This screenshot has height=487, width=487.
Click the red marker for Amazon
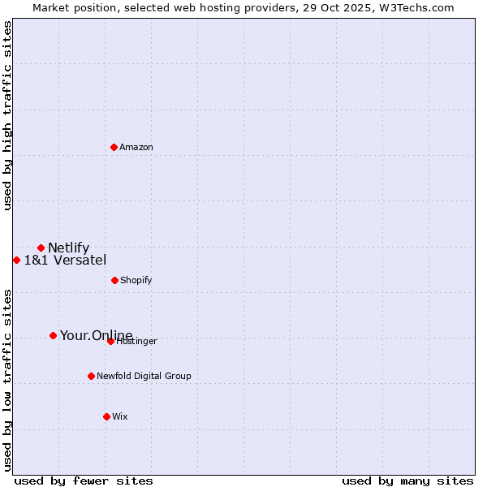coord(114,147)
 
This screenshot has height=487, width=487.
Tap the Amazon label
coord(136,147)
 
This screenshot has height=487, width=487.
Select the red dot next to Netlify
coord(41,248)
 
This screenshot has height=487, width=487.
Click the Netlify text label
coord(68,248)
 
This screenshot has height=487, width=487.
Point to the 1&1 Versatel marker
coord(16,260)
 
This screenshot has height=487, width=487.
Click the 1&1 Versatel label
coord(65,260)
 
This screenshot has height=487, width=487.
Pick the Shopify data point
coord(114,280)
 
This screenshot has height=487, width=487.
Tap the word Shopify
coord(136,280)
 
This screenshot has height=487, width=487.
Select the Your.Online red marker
coord(53,335)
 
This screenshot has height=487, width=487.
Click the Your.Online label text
coord(96,335)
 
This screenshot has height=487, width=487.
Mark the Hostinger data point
coord(110,341)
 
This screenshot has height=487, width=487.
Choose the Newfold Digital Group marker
coord(91,376)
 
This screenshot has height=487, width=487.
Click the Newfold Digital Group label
coord(144,376)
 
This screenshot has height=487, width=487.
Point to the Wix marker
coord(106,416)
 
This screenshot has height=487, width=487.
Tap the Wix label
coord(120,416)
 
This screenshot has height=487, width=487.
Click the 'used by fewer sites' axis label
coord(84,481)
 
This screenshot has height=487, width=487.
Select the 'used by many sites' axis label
coord(407,481)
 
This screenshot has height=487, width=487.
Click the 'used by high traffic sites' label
coord(7,115)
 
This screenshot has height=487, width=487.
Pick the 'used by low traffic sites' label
coord(7,379)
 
